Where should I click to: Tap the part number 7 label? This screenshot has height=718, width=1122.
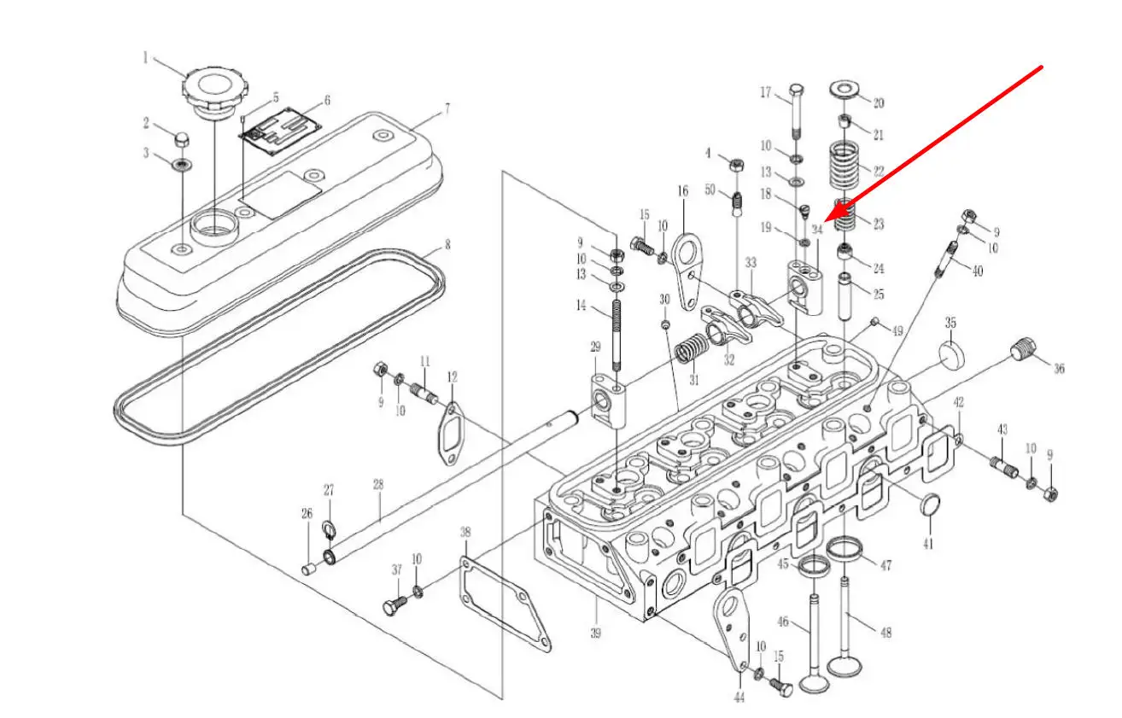pos(446,108)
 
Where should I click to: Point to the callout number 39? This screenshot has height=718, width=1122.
pos(595,633)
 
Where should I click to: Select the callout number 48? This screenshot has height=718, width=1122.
pos(885,633)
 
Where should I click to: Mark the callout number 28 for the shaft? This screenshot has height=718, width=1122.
pos(378,484)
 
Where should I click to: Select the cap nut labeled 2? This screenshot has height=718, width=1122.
pos(181,138)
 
